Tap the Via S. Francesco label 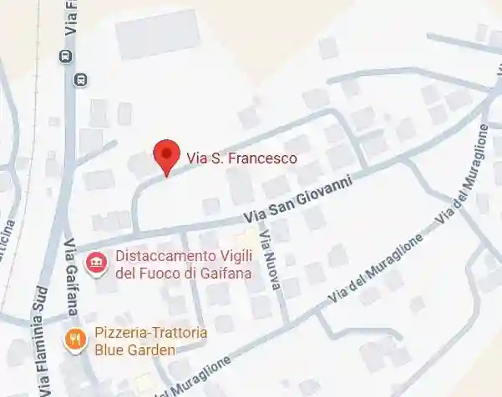241,157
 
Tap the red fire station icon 98,263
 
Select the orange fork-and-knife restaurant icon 75,339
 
